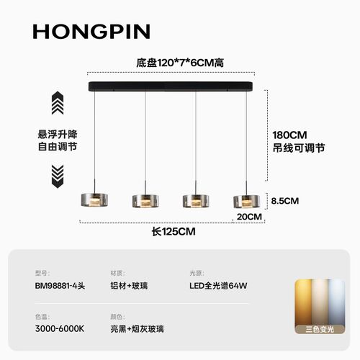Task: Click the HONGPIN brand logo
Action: [x=91, y=32]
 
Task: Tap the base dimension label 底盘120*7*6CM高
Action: [x=180, y=63]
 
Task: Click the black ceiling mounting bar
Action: [x=171, y=86]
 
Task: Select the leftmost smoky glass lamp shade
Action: [x=94, y=199]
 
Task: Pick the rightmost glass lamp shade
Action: [x=246, y=202]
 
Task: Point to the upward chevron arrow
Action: [x=58, y=103]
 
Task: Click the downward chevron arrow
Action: [x=58, y=176]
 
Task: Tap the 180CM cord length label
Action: [x=289, y=135]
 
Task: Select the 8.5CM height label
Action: [x=285, y=201]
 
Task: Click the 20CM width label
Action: [x=249, y=217]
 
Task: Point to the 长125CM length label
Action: [x=174, y=232]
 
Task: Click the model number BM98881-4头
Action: [x=60, y=286]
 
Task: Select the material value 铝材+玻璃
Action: [x=129, y=286]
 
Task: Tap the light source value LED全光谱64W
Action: [x=218, y=286]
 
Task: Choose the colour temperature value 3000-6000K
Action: [x=60, y=329]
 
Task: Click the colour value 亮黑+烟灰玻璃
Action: [x=137, y=329]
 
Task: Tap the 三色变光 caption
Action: [x=320, y=329]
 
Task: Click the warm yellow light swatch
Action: [x=303, y=302]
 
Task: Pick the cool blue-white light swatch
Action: [x=337, y=302]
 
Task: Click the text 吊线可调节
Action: [x=299, y=148]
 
